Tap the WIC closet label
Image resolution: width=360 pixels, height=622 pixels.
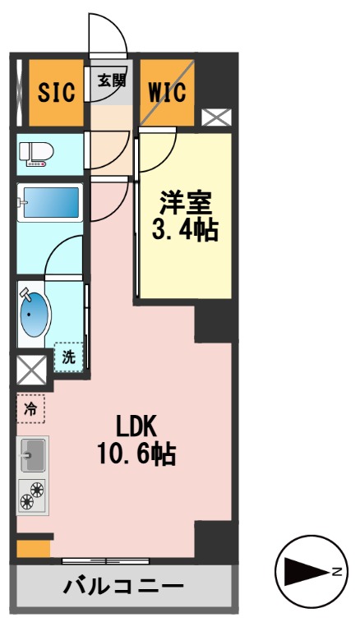pyautogui.click(x=166, y=90)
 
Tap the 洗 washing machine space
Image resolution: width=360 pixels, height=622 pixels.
pyautogui.click(x=69, y=357)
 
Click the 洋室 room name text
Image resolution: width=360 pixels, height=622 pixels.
pyautogui.click(x=186, y=202)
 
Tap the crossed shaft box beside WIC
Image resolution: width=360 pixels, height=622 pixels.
pyautogui.click(x=215, y=117)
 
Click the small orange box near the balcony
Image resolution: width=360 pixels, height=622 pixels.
pyautogui.click(x=33, y=548)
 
